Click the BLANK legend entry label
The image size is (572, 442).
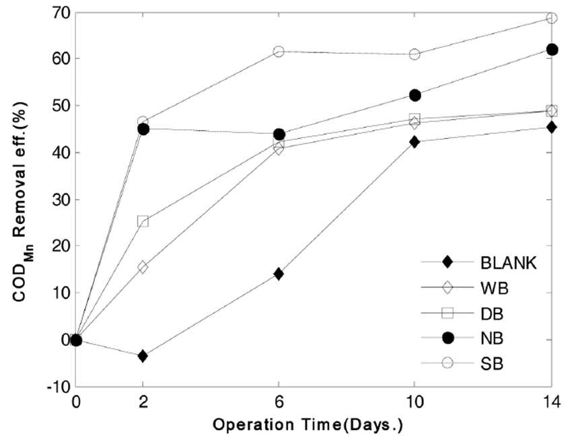tap(509, 262)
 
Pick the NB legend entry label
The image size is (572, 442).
tap(492, 338)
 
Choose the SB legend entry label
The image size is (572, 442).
tap(492, 363)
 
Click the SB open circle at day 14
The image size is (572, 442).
tap(552, 17)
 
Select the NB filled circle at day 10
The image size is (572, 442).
tap(415, 95)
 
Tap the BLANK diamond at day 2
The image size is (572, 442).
tap(143, 356)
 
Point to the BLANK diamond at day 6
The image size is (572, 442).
tap(279, 274)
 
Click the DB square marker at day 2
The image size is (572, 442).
tap(143, 221)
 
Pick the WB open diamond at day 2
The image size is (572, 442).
tap(143, 267)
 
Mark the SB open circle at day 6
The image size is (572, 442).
tap(279, 51)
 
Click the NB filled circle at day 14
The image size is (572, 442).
tap(552, 50)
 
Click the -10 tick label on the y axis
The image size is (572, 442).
tap(58, 388)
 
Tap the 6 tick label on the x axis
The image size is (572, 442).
tap(279, 402)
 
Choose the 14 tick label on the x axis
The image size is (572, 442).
tap(552, 402)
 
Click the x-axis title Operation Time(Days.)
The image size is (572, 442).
tap(308, 425)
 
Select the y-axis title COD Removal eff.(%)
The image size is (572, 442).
tap(23, 201)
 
